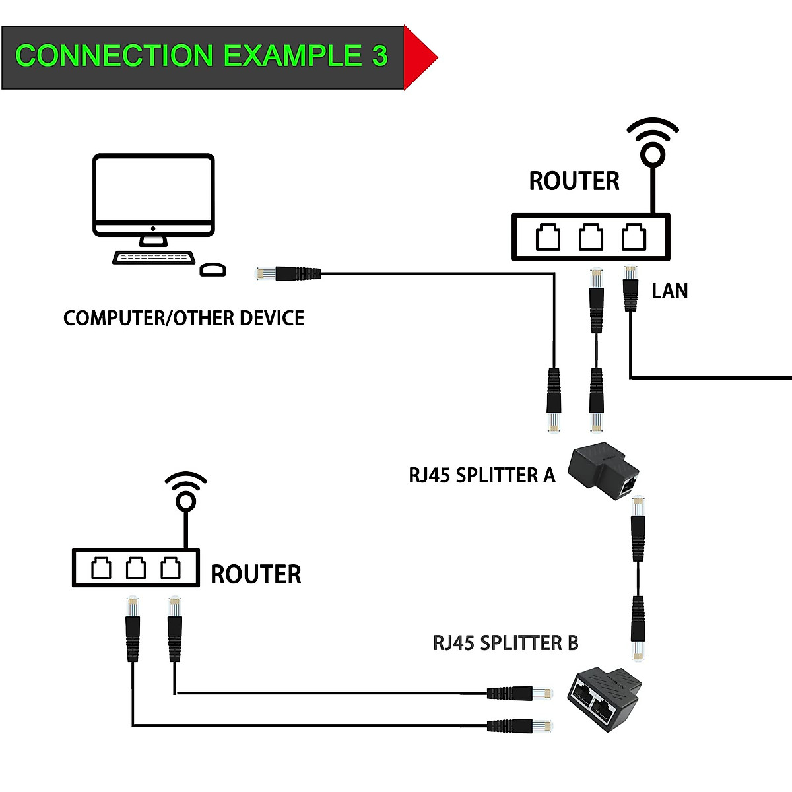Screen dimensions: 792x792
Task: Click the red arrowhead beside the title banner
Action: (418, 57)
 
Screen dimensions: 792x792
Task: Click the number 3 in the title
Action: (379, 56)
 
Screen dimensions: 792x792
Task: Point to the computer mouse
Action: (213, 269)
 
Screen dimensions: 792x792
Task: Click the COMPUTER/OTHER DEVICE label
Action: (183, 318)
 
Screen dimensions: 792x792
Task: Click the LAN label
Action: (669, 291)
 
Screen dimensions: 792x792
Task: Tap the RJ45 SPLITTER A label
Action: (482, 475)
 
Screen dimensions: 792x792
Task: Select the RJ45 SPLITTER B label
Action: (506, 643)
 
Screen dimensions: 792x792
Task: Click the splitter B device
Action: (606, 700)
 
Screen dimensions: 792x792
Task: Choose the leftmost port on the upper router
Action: (548, 237)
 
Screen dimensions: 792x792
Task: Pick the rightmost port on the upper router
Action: (634, 237)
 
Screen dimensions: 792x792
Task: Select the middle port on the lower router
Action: (136, 568)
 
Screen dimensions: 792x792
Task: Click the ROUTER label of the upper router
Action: (574, 181)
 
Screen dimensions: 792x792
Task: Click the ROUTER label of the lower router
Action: (255, 574)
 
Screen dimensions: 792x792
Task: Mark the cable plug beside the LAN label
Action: (630, 288)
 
